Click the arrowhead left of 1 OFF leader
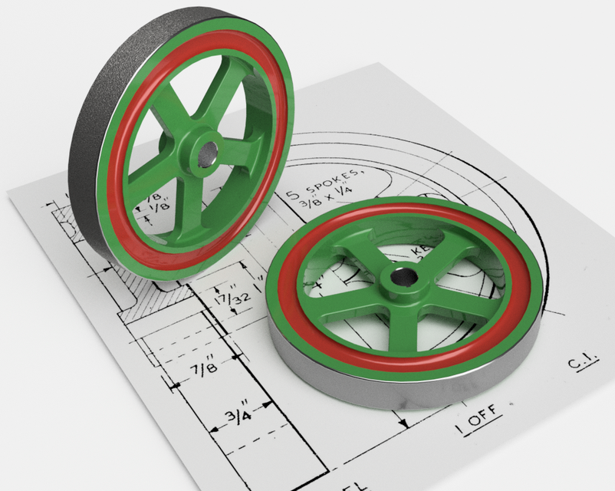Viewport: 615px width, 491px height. coord(402,423)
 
